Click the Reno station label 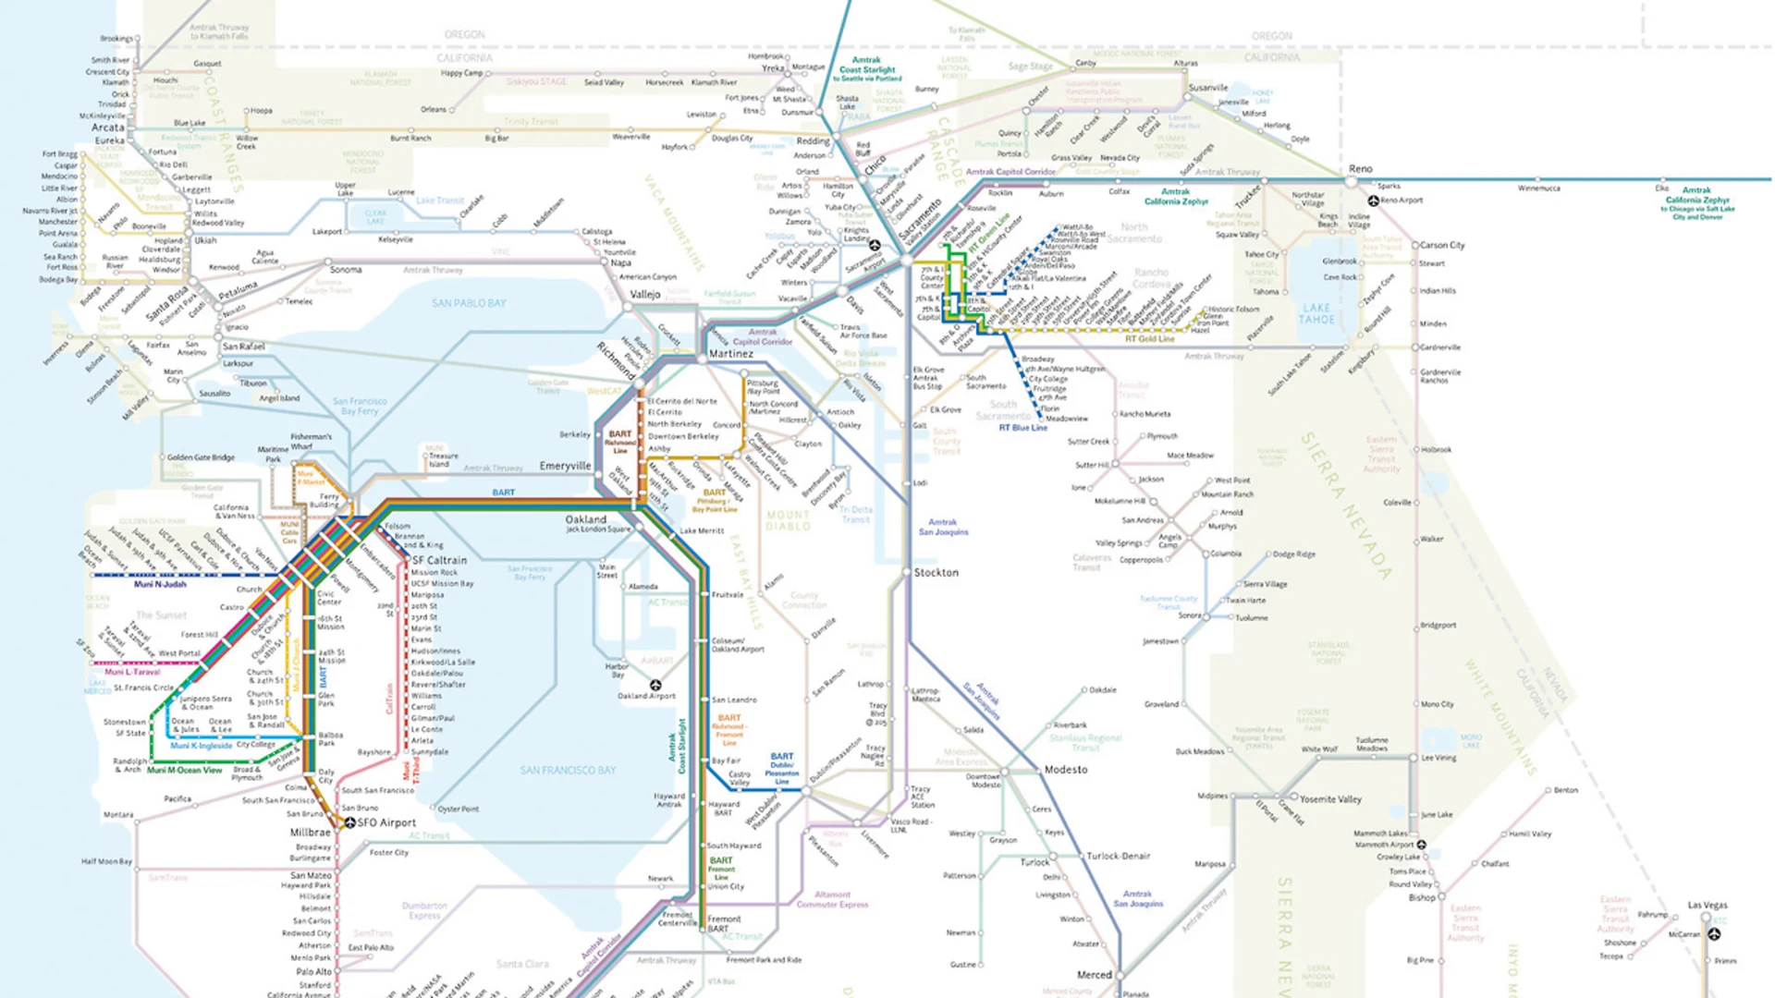[1360, 169]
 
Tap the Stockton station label [936, 573]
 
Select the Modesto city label [1065, 770]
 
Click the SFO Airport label [386, 822]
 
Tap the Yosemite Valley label [1330, 799]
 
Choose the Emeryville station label [565, 466]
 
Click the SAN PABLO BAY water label [468, 303]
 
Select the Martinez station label [730, 354]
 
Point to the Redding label [813, 141]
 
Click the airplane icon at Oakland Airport [655, 685]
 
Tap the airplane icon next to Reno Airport [1373, 201]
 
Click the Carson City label [1441, 245]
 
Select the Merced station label [1094, 975]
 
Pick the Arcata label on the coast [107, 128]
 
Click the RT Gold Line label [1148, 339]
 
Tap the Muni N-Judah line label [160, 584]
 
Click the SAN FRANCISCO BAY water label [567, 770]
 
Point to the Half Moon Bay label [106, 861]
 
